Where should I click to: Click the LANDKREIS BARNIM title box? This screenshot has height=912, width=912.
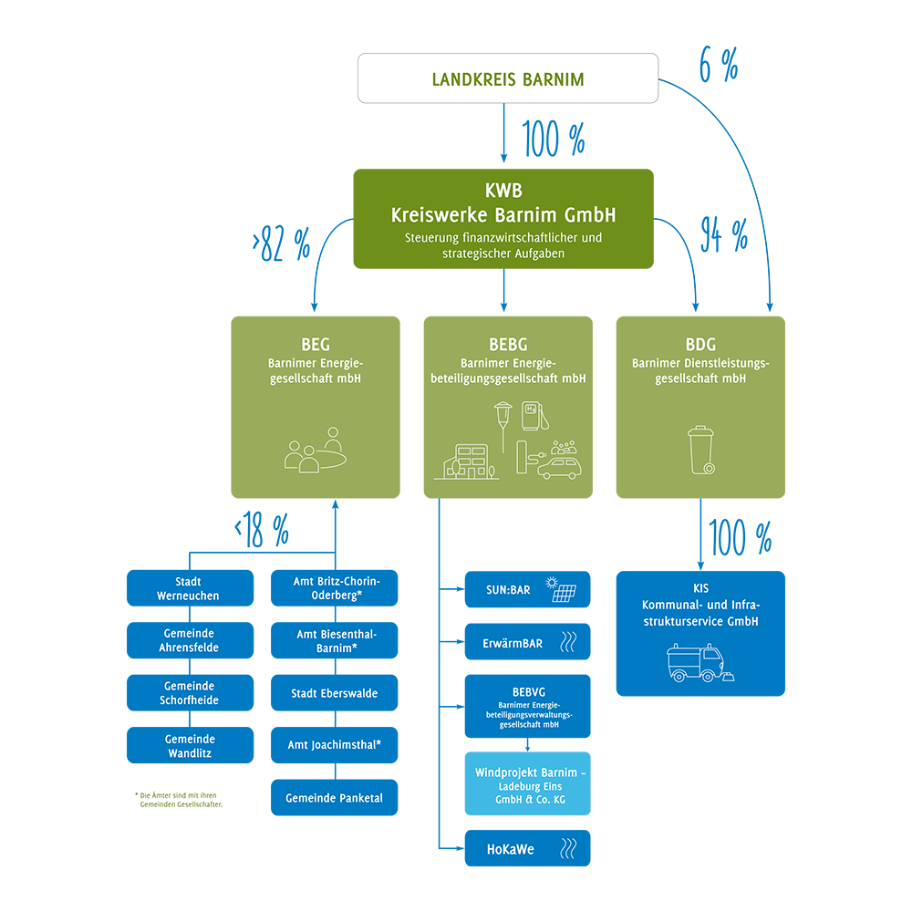[x=507, y=79]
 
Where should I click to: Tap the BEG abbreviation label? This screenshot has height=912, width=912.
[x=316, y=345]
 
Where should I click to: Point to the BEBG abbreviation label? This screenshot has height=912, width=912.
[x=507, y=345]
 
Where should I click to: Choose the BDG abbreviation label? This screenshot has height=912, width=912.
[x=700, y=345]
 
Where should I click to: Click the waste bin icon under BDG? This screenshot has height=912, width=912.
[x=700, y=451]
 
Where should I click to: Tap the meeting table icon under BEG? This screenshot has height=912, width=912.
[x=315, y=451]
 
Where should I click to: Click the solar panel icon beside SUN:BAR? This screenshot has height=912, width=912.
[x=561, y=590]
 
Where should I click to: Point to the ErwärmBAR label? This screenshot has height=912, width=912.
[x=513, y=643]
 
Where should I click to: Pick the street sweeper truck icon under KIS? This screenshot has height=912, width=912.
[x=698, y=663]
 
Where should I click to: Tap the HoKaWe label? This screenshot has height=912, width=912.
[x=511, y=849]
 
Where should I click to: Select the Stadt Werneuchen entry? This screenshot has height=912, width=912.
[x=188, y=588]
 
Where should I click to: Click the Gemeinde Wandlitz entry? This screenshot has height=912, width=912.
[x=190, y=746]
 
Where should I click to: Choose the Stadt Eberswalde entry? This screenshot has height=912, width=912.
[x=334, y=693]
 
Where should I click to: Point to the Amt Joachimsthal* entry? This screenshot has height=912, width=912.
[x=334, y=745]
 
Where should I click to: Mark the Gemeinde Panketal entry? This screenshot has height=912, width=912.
[x=334, y=798]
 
